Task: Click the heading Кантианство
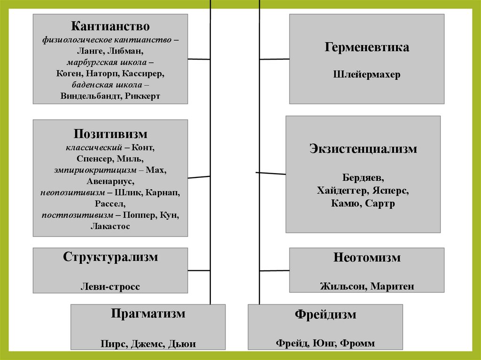click(x=110, y=26)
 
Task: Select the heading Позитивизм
click(x=110, y=134)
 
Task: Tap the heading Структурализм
click(x=110, y=257)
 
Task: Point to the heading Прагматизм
click(x=148, y=314)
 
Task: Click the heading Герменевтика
click(x=366, y=47)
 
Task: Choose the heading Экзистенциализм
click(x=363, y=149)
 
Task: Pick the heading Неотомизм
click(x=367, y=258)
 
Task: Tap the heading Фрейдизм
click(x=325, y=314)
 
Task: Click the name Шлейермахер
click(x=366, y=75)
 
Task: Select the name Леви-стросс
click(x=110, y=287)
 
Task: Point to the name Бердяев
click(x=363, y=179)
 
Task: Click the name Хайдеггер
click(x=343, y=191)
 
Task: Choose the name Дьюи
click(x=182, y=344)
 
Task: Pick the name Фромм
click(x=358, y=343)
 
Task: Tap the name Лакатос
click(x=110, y=226)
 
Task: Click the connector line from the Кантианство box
click(x=199, y=59)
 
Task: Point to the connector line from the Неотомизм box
click(x=274, y=270)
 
